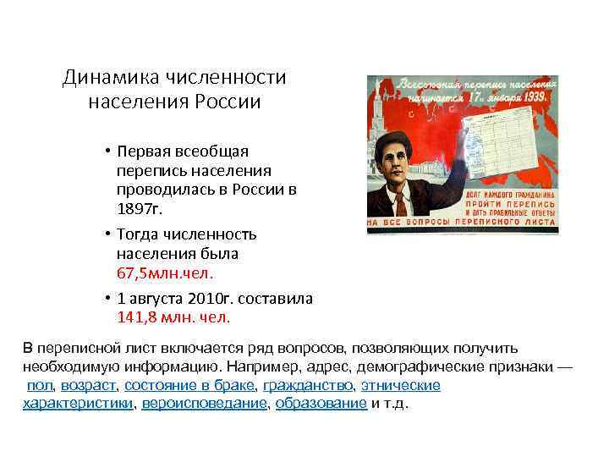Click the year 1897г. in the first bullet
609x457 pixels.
pyautogui.click(x=142, y=207)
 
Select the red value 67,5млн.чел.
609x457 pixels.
pyautogui.click(x=166, y=273)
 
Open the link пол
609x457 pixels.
pyautogui.click(x=40, y=385)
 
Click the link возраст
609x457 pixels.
pyautogui.click(x=89, y=385)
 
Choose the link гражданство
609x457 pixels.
pyautogui.click(x=308, y=385)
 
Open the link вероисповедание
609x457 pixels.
pyautogui.click(x=204, y=404)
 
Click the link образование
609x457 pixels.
pyautogui.click(x=321, y=404)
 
